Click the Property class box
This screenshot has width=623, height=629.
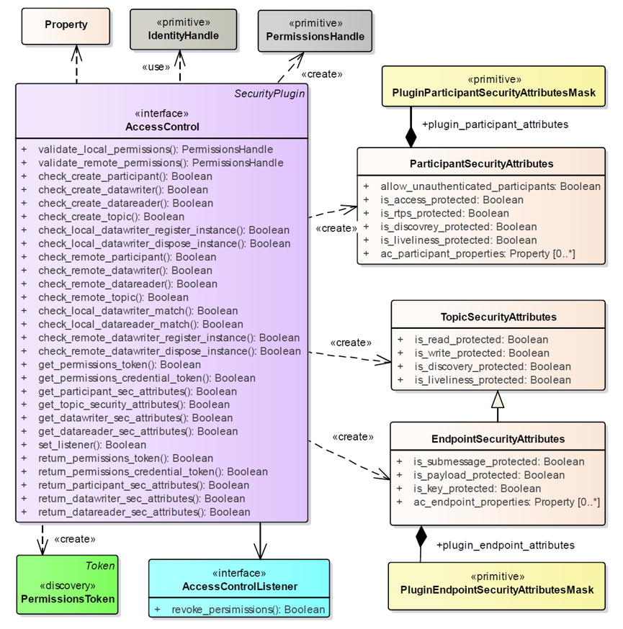point(66,24)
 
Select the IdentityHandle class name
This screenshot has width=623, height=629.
point(183,35)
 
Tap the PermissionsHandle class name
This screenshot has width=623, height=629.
point(315,37)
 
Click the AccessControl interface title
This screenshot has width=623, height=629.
point(162,127)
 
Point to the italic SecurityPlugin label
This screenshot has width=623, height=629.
point(269,94)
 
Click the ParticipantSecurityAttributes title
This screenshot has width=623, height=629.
point(481,163)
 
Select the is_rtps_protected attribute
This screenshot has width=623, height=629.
point(444,213)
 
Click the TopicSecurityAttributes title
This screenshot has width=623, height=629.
point(498,317)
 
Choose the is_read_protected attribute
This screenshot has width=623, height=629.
point(481,340)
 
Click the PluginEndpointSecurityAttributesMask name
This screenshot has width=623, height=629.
point(497,589)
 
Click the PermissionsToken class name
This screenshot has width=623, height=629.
point(68,598)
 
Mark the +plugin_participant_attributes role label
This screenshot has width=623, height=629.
point(495,125)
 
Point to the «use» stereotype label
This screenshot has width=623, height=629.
point(156,67)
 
